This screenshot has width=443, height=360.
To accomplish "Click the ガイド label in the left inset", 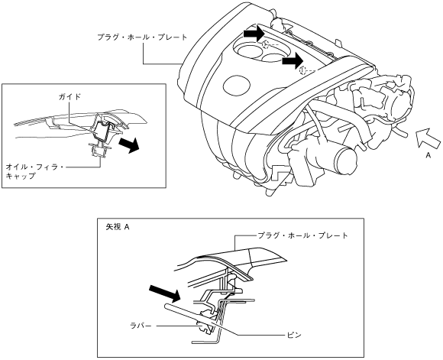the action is [70, 97].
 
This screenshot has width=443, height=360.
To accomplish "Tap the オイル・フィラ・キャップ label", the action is [35, 171].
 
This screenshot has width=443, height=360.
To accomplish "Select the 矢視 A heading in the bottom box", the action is [118, 227].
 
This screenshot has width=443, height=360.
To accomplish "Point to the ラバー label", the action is [141, 326].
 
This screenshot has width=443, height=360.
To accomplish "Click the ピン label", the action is [294, 335].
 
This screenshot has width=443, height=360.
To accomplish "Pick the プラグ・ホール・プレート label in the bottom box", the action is [302, 235].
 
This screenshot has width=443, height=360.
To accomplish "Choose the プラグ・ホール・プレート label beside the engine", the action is [142, 37].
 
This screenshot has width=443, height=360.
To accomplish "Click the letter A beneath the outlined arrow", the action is [428, 155].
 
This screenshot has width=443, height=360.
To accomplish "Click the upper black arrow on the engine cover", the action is [254, 34].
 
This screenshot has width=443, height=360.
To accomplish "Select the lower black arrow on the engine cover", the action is [293, 61].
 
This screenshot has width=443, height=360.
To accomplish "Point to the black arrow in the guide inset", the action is [129, 144].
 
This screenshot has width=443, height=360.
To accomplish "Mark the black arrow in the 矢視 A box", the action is [165, 293].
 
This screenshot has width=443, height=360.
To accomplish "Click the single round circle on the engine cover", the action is [237, 85].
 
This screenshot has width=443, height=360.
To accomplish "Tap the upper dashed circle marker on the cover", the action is [266, 44].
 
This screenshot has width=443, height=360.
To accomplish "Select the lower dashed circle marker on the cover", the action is [303, 70].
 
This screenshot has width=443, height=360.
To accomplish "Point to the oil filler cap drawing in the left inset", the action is [99, 150].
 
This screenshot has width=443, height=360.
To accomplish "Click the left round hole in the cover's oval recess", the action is [247, 51].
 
